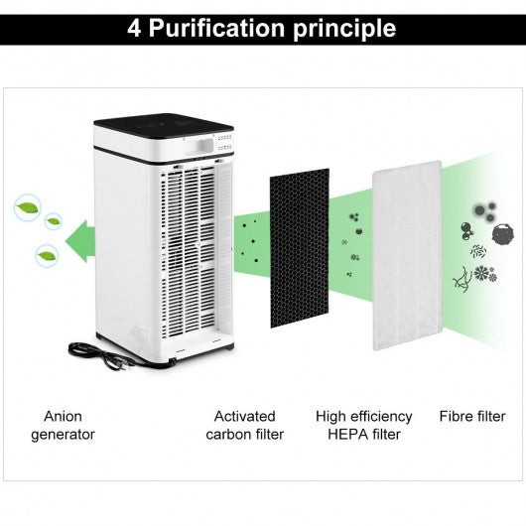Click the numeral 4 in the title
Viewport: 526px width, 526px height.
tap(134, 28)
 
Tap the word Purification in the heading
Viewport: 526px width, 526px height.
tap(216, 28)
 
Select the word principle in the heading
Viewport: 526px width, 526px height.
tap(344, 30)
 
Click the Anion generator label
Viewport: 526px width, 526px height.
tap(64, 426)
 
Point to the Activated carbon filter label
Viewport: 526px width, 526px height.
tap(245, 426)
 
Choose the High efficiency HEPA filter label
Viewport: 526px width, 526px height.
tap(364, 426)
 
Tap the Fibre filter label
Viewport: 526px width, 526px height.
tap(472, 416)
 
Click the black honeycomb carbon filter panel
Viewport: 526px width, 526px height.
tap(300, 248)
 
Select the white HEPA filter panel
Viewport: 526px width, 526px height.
tap(407, 256)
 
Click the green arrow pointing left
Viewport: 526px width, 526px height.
tap(80, 241)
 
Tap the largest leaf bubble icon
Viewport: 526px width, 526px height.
tap(28, 207)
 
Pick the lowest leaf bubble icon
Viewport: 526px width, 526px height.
tap(47, 256)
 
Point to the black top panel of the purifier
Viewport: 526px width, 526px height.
tap(164, 126)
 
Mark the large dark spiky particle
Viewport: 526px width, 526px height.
tap(503, 234)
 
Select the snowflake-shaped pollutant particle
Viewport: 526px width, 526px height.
tap(482, 272)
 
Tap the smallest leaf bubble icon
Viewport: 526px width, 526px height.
tap(53, 221)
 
